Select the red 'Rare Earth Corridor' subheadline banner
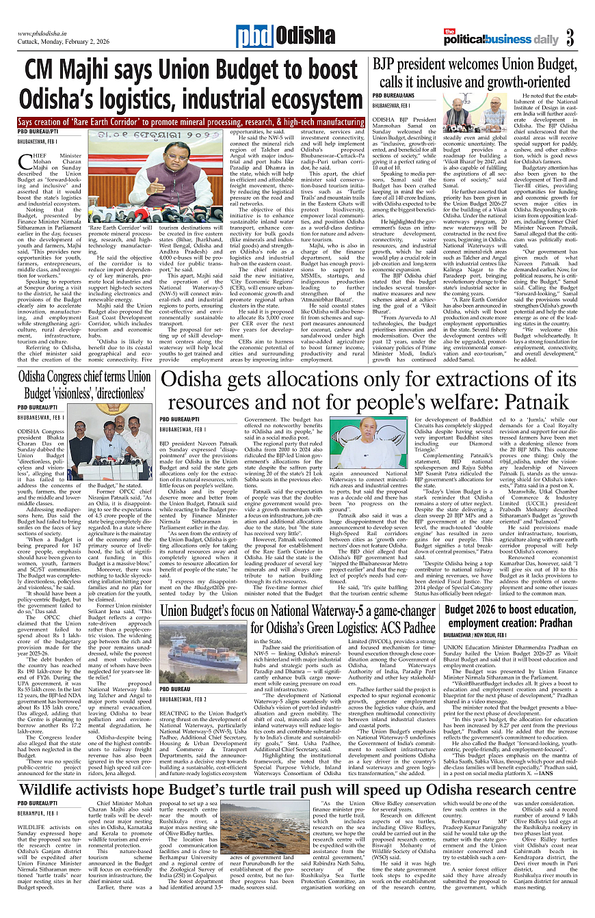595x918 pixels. pyautogui.click(x=191, y=122)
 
